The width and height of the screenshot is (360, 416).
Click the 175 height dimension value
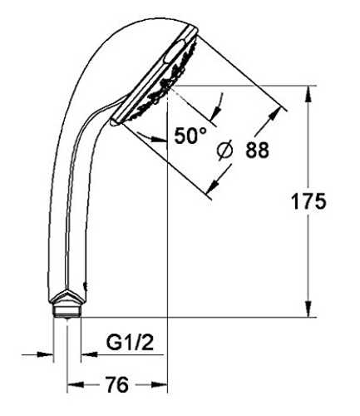[308, 201]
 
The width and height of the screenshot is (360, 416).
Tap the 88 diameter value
[257, 150]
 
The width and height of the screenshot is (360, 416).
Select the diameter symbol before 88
[224, 150]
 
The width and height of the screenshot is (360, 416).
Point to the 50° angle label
[190, 136]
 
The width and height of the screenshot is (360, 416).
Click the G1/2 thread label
[130, 343]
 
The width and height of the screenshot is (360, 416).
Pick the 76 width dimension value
[117, 384]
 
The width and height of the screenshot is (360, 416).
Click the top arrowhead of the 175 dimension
[308, 94]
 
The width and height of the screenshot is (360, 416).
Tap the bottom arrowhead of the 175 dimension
[308, 308]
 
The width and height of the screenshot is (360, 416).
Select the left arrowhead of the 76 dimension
[76, 384]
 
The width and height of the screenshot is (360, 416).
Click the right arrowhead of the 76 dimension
[160, 384]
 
